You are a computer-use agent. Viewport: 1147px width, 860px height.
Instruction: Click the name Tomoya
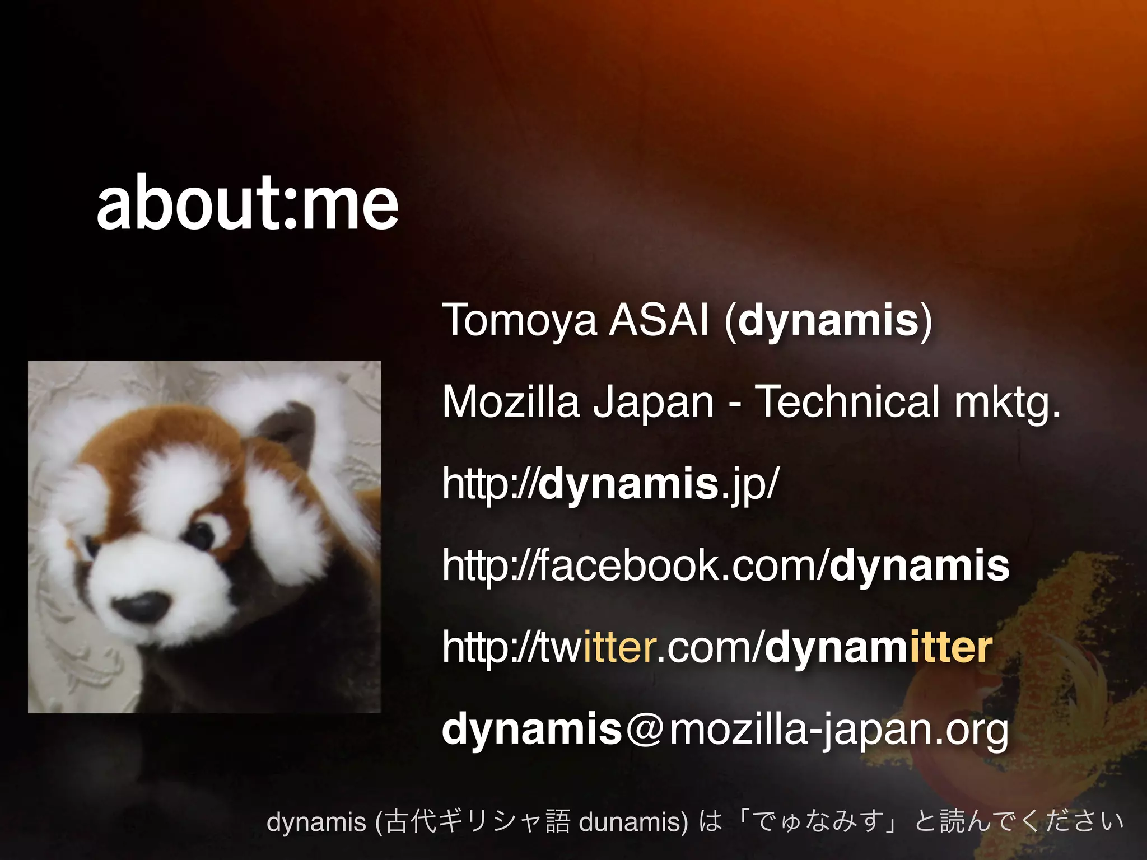tap(519, 321)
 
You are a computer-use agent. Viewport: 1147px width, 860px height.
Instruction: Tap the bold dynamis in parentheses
tap(828, 321)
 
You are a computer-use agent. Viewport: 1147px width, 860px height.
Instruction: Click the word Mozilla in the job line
tap(510, 402)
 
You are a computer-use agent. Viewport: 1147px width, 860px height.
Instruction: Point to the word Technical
tap(847, 402)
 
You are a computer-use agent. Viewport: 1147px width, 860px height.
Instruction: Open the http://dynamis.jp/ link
tap(610, 484)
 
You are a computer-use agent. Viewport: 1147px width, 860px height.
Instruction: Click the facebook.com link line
tap(725, 566)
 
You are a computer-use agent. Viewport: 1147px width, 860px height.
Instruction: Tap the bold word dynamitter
tap(878, 648)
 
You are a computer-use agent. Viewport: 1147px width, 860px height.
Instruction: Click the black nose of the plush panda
tap(142, 607)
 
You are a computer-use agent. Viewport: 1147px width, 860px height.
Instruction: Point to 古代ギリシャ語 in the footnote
tap(478, 822)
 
